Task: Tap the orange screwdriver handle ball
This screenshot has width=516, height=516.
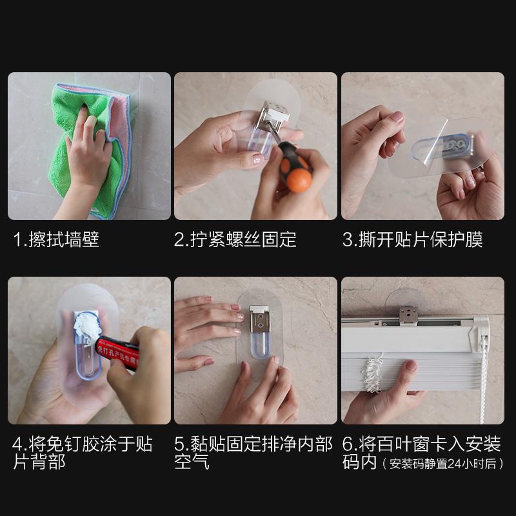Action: (x=299, y=180)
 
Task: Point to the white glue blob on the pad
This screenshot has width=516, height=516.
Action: (x=84, y=326)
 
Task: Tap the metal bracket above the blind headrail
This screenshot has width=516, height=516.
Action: (x=408, y=315)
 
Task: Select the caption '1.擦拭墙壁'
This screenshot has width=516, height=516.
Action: (x=57, y=240)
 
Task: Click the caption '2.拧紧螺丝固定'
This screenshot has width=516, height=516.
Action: (x=235, y=240)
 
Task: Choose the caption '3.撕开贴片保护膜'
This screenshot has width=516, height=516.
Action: (x=412, y=240)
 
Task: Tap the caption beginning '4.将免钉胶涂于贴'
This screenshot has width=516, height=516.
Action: (x=83, y=444)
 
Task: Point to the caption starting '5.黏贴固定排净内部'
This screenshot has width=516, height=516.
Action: (x=253, y=444)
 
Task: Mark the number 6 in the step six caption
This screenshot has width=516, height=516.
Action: (x=348, y=444)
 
